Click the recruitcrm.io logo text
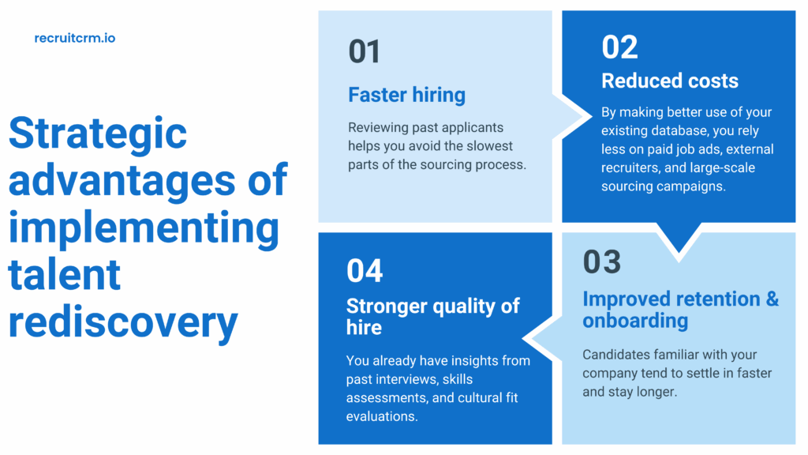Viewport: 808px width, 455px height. coord(75,37)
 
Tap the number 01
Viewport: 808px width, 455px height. coord(365,52)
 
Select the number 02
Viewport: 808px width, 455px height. coord(619,47)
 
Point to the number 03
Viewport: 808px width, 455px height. coord(602,262)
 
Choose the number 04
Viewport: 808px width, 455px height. coord(365,270)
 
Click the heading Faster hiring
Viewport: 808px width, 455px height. coord(406,96)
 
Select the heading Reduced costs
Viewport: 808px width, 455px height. coord(670,81)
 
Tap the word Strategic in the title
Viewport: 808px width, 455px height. coord(98,133)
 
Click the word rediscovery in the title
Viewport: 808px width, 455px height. coord(123,322)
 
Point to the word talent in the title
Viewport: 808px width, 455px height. coord(65,275)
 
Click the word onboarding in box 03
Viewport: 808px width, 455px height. coord(635,321)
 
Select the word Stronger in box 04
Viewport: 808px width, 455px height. coord(388,306)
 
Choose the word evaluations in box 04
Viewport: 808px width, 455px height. coord(382,416)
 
